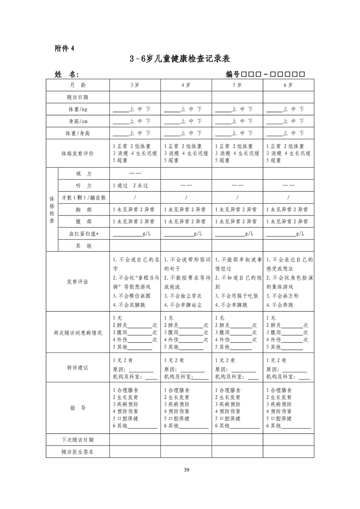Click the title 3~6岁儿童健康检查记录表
[180, 59]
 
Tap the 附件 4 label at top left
[64, 49]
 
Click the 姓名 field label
[67, 74]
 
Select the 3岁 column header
[135, 85]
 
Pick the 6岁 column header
[288, 85]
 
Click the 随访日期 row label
[78, 97]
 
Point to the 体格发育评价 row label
[78, 153]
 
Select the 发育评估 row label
[78, 282]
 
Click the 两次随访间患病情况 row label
[78, 333]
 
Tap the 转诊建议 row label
[78, 368]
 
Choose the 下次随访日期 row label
[78, 440]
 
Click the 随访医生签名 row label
[78, 452]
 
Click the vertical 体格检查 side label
[52, 210]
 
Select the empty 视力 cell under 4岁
[186, 174]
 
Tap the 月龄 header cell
[78, 85]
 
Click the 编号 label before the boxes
[233, 74]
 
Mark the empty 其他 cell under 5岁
[237, 245]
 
